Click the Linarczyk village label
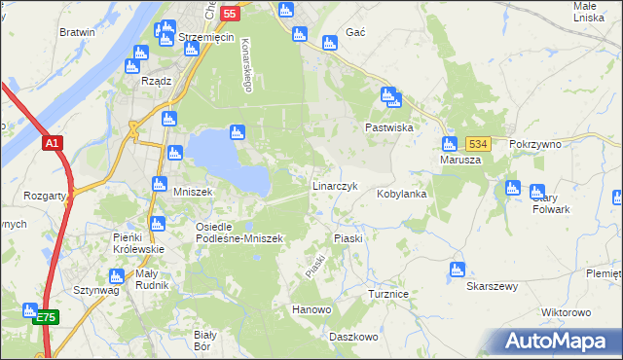pyautogui.click(x=336, y=185)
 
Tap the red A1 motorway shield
pyautogui.click(x=53, y=143)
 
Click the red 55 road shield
pyautogui.click(x=230, y=14)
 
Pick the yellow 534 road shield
pyautogui.click(x=476, y=143)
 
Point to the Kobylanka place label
pyautogui.click(x=402, y=194)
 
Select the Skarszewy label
pyautogui.click(x=492, y=287)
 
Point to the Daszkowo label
pyautogui.click(x=352, y=337)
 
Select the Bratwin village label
pyautogui.click(x=77, y=32)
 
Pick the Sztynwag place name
pyautogui.click(x=95, y=290)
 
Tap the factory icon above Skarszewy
pyautogui.click(x=458, y=270)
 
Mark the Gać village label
pyautogui.click(x=355, y=32)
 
